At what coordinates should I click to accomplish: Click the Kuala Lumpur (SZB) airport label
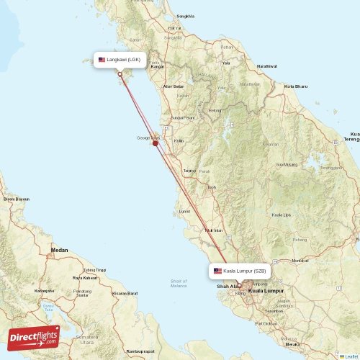pyautogui.click(x=240, y=271)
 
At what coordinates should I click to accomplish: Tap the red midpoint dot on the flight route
pyautogui.click(x=156, y=143)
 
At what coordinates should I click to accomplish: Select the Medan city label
pyautogui.click(x=59, y=250)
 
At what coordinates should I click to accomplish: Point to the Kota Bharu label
pyautogui.click(x=296, y=86)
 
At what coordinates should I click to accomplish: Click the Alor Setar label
pyautogui.click(x=174, y=86)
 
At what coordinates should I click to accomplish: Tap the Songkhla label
pyautogui.click(x=186, y=16)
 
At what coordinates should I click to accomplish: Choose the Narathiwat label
pyautogui.click(x=266, y=66)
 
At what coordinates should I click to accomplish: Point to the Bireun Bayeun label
pyautogui.click(x=17, y=199)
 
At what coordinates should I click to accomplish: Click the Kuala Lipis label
pyautogui.click(x=282, y=215)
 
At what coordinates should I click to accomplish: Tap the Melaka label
pyautogui.click(x=292, y=345)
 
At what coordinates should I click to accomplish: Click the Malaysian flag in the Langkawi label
pyautogui.click(x=102, y=59)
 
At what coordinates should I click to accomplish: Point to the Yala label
pyautogui.click(x=225, y=63)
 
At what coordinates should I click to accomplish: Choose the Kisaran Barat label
pyautogui.click(x=125, y=294)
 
